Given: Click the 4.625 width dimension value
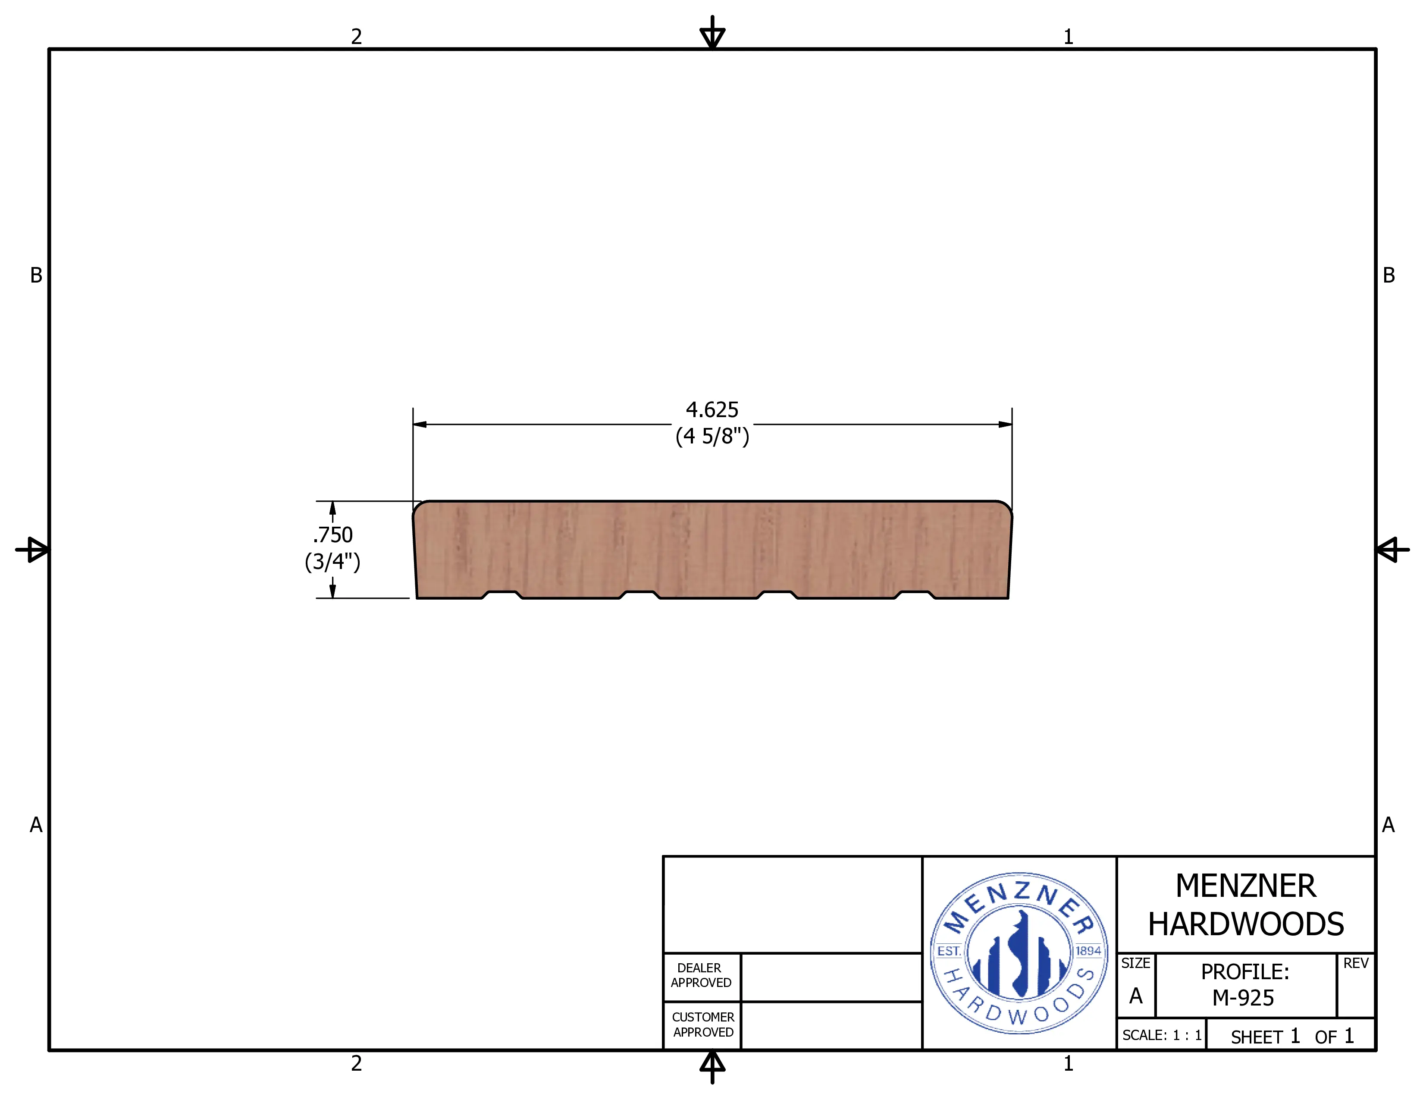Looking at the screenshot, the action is [712, 410].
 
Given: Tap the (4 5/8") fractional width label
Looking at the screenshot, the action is [712, 436].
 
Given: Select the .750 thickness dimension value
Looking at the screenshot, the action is [332, 534].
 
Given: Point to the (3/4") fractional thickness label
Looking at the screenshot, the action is [332, 561].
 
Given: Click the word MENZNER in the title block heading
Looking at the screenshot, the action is [1246, 886].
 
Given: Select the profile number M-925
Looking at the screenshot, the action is [1243, 998].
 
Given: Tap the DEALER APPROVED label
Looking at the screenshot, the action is [701, 975].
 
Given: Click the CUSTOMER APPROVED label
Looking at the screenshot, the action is [703, 1025].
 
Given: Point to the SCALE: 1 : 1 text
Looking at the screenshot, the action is [1162, 1035].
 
